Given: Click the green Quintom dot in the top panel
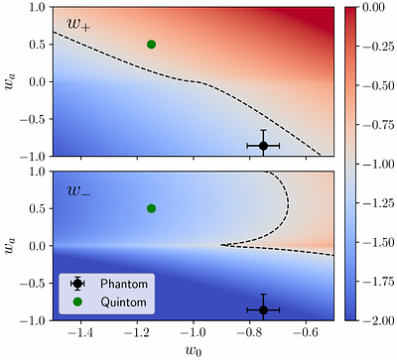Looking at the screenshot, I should click(151, 44).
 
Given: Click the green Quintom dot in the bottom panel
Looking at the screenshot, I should click(151, 208).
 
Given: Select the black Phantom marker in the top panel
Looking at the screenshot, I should click(263, 146).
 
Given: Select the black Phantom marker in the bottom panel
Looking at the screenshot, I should click(263, 309).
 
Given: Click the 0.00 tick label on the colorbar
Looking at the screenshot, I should click(375, 7).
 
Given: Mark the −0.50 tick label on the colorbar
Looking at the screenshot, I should click(375, 85).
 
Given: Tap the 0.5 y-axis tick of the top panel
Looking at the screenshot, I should click(34, 44).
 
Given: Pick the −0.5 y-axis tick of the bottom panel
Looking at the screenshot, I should click(30, 284).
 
